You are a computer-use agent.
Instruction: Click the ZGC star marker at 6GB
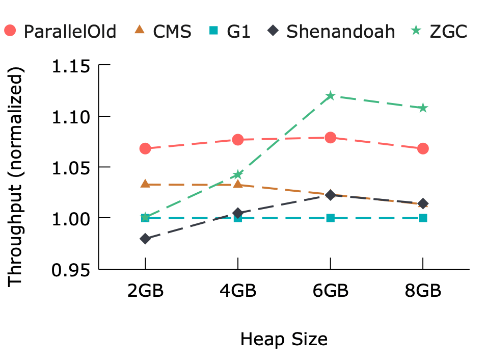tap(330, 96)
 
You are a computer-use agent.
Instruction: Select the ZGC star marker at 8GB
tap(423, 108)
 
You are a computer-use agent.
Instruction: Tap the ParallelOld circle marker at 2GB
tap(145, 148)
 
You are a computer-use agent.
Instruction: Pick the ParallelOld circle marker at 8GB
tap(423, 148)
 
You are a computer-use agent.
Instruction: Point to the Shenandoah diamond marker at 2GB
tap(145, 239)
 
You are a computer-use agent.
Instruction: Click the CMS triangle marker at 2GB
tap(145, 184)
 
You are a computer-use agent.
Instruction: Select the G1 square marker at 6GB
tap(330, 218)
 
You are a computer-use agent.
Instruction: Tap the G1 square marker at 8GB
tap(423, 218)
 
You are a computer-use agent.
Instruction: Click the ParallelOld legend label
tap(70, 32)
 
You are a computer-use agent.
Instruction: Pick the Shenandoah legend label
tap(340, 32)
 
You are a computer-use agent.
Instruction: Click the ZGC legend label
tap(448, 32)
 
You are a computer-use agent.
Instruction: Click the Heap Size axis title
tap(284, 339)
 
